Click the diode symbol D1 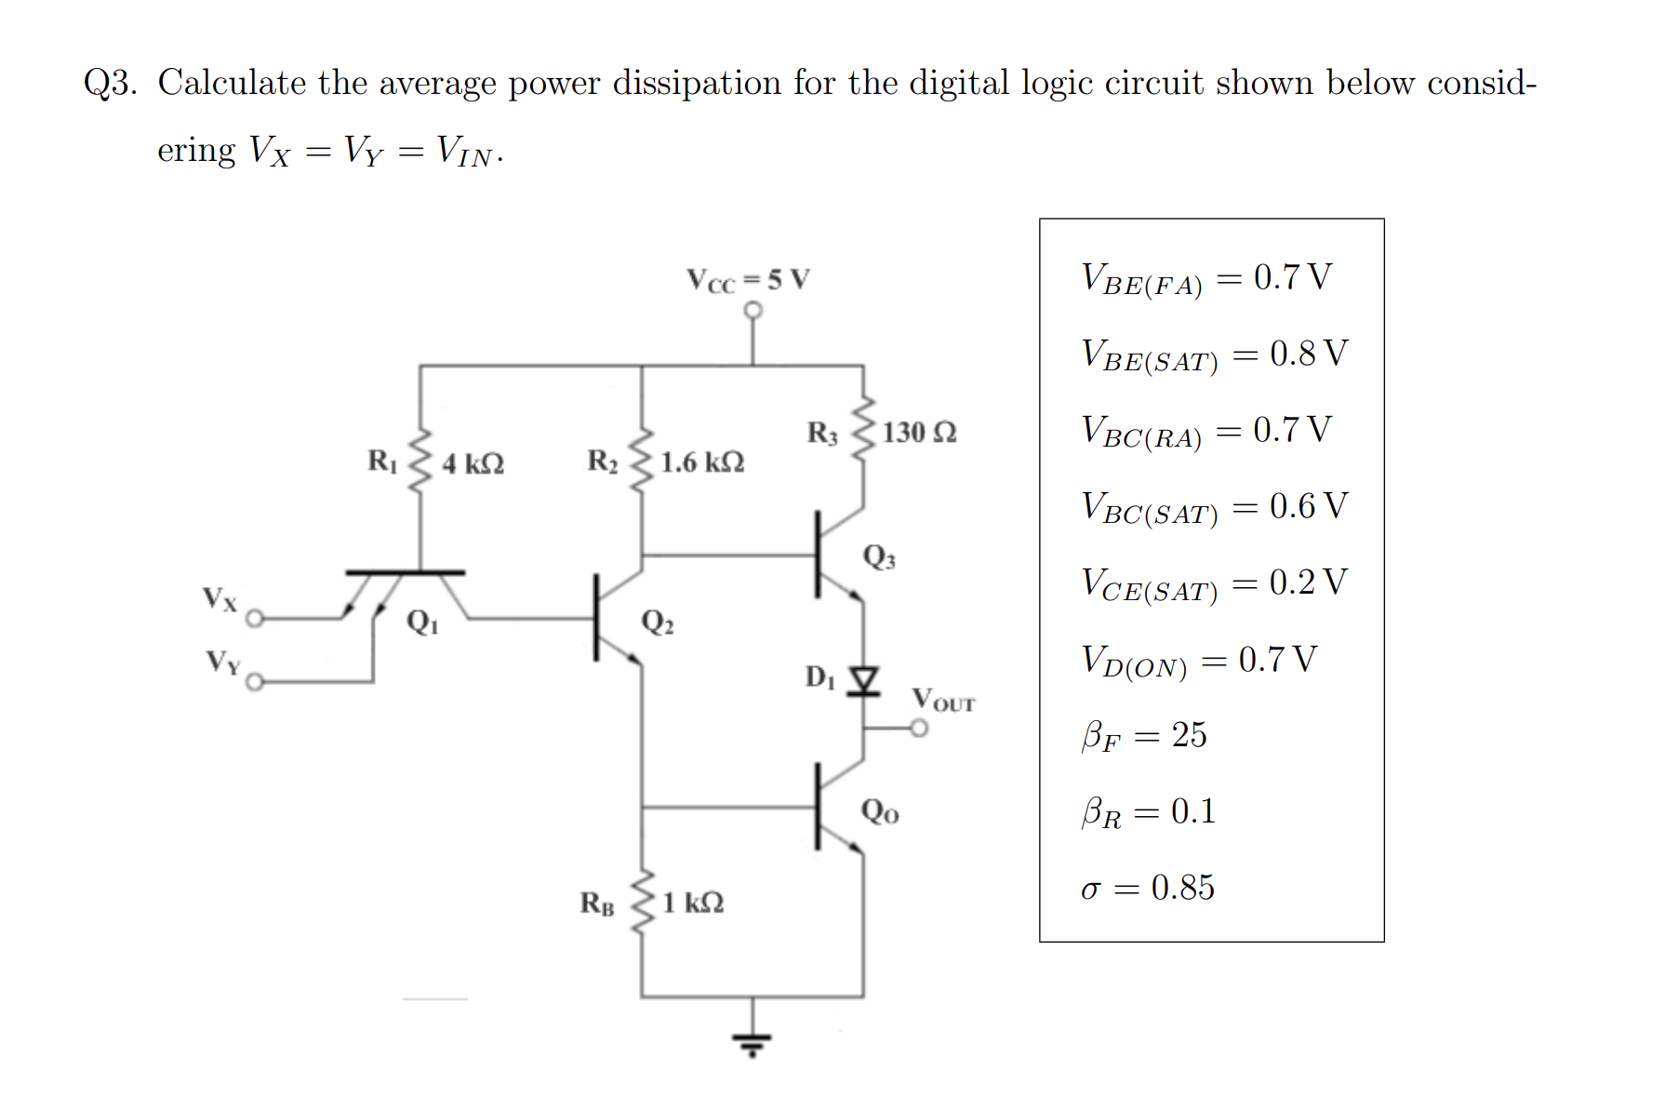pos(865,681)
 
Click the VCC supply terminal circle pos(753,310)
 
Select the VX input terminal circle pos(255,618)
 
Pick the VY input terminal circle pos(255,683)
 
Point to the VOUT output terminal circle pos(919,729)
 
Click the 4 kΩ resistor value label pos(473,463)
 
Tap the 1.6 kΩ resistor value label pos(702,462)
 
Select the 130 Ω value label pos(919,433)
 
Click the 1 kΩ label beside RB pos(693,903)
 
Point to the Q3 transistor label pos(879,556)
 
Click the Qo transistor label pos(880,811)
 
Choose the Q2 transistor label pos(658,622)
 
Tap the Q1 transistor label pos(422,622)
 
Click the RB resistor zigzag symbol pos(642,903)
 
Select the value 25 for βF pos(1189,735)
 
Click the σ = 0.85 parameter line pos(1147,888)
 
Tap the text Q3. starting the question pos(110,84)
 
